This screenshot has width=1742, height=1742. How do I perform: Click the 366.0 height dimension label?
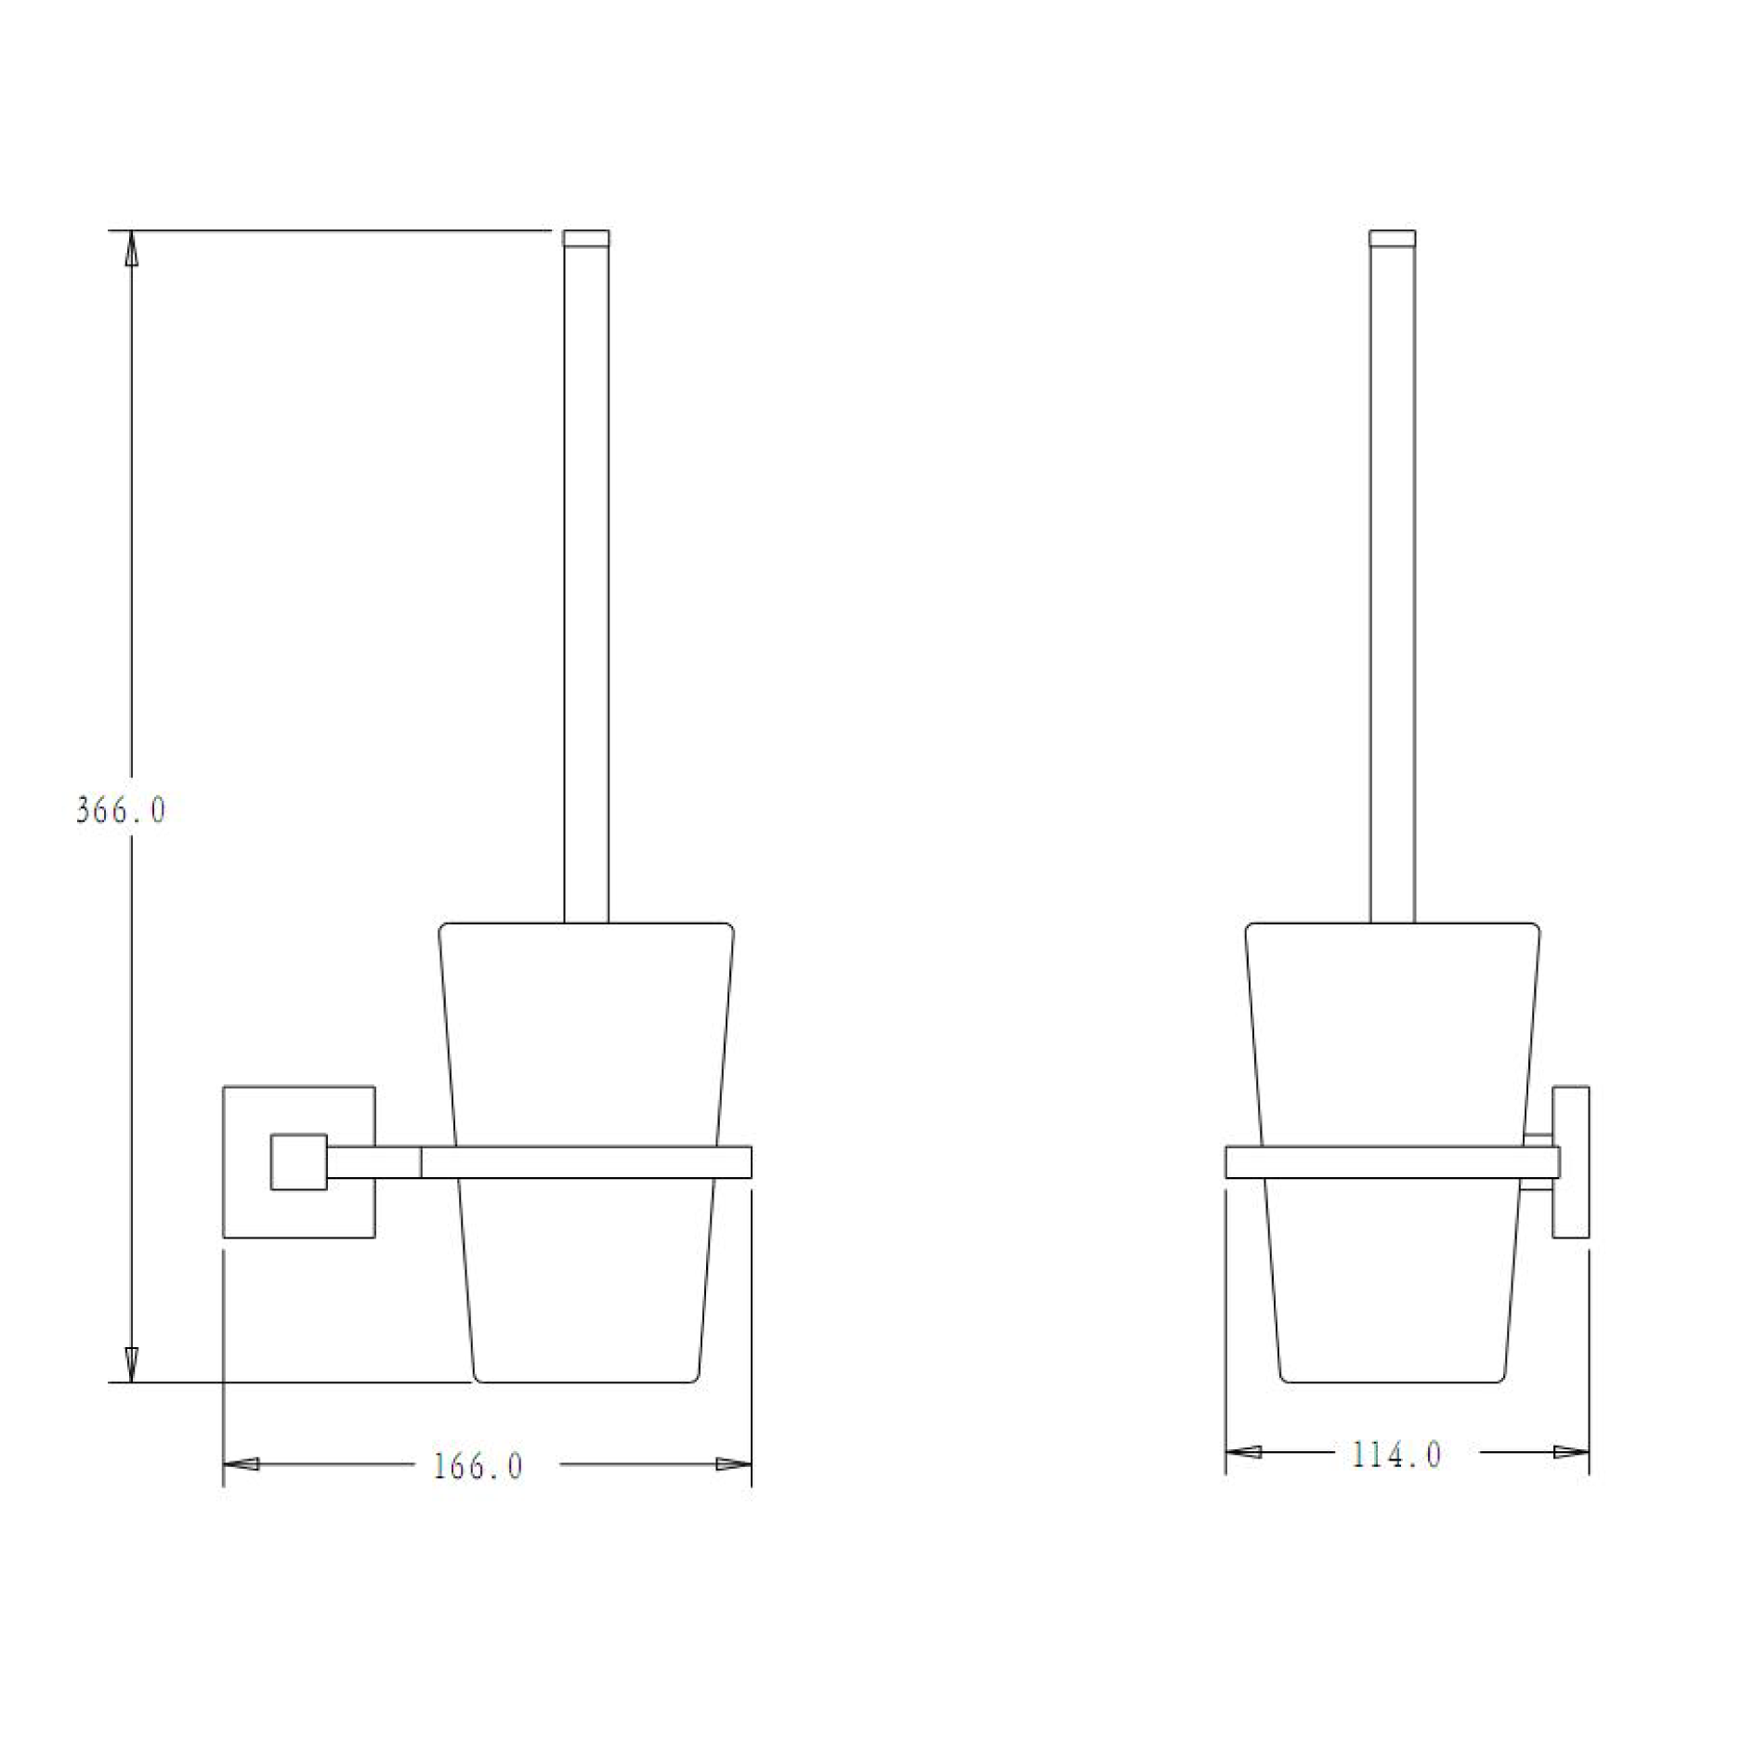coord(121,811)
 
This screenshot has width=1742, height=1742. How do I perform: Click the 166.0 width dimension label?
coord(478,1467)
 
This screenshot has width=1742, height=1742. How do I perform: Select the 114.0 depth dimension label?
coord(1396,1455)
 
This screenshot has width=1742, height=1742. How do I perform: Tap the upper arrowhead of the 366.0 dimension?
coord(131,248)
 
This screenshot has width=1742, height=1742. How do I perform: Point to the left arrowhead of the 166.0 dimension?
coord(242,1464)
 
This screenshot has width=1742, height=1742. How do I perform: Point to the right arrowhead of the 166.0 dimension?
coord(733,1464)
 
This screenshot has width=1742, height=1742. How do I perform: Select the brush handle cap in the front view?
coord(586,239)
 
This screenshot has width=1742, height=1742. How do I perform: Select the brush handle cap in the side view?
coord(1393,239)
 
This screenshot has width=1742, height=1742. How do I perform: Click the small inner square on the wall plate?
coord(298,1161)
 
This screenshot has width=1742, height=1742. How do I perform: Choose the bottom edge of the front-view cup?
coord(585,1382)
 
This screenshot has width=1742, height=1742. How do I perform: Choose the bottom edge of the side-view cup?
coord(1392,1382)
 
